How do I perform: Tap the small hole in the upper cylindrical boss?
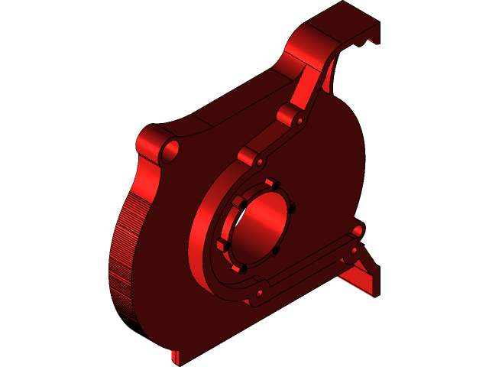pyautogui.click(x=300, y=121)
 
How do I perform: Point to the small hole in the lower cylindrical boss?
pyautogui.click(x=260, y=162)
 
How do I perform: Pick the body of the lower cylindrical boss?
pyautogui.click(x=248, y=156)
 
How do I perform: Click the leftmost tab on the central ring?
pyautogui.click(x=222, y=245)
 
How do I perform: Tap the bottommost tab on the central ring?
pyautogui.click(x=237, y=269)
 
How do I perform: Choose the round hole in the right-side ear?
pyautogui.click(x=358, y=229)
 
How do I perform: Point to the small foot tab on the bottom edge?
pyautogui.click(x=175, y=357)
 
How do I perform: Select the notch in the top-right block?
pyautogui.click(x=362, y=43)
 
